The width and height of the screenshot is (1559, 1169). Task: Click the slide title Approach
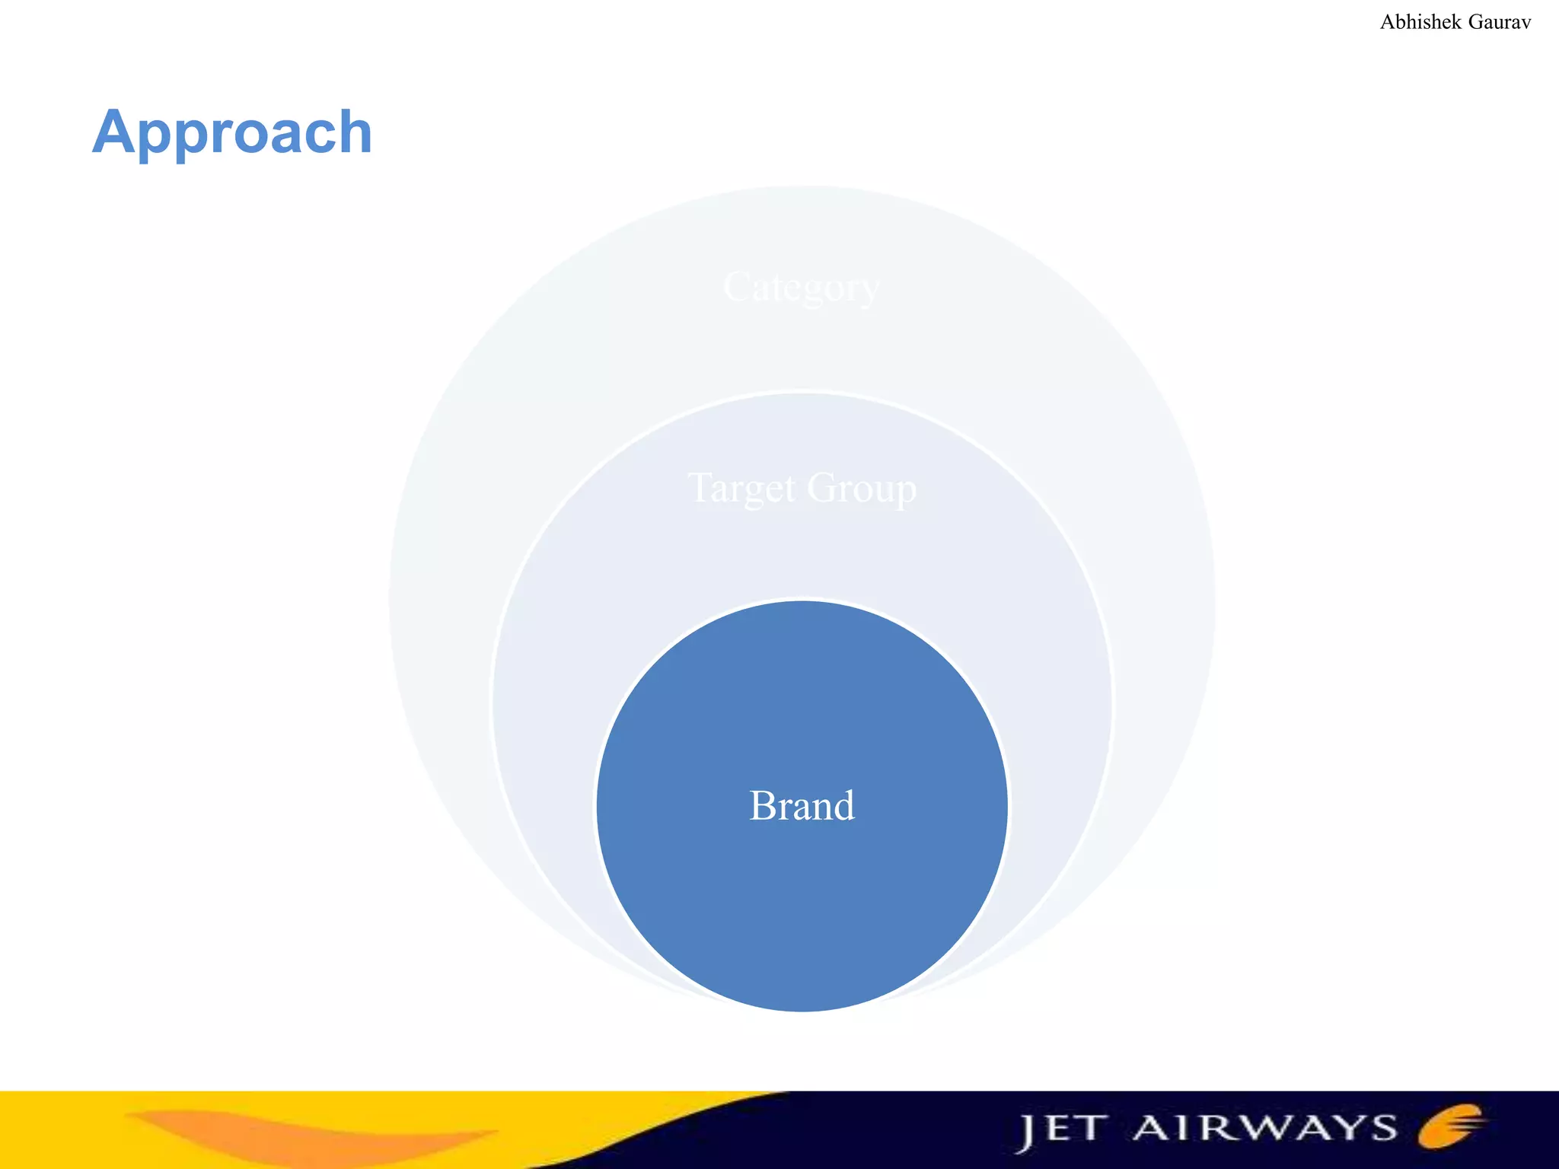pos(232,133)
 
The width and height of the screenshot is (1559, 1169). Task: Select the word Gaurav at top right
pos(1499,22)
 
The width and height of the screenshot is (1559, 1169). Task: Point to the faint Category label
pos(801,288)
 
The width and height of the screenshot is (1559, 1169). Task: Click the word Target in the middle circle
pos(741,488)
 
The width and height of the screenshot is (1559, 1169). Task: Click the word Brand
pos(802,805)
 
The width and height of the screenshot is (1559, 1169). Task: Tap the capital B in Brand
pos(762,805)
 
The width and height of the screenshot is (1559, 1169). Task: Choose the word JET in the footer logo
pos(1061,1129)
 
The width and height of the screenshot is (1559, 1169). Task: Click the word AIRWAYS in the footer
pos(1264,1128)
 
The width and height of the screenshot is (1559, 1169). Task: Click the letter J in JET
pos(1027,1132)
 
